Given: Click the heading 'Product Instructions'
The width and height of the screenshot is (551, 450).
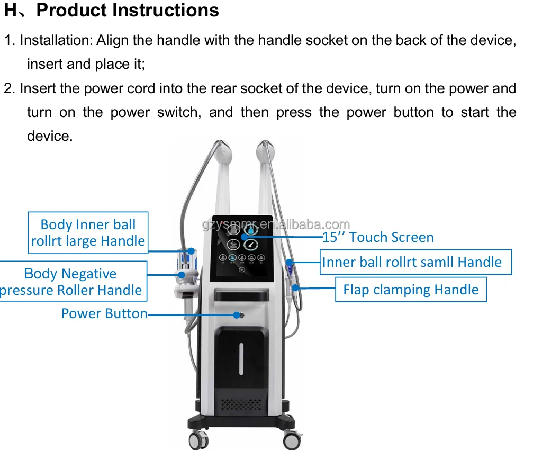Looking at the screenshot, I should pos(127,11).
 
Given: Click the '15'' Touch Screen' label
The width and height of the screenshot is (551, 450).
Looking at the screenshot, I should pos(378,237).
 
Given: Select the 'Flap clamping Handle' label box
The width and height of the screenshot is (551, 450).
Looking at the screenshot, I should pos(411,290).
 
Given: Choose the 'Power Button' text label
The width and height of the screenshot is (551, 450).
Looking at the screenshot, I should pos(104,313).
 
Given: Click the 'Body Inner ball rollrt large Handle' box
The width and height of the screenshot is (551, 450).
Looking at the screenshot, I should pos(88,233).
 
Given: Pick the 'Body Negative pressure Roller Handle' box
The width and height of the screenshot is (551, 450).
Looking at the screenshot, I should pos(71,282).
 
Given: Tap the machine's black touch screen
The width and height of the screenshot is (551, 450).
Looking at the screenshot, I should pos(241,249).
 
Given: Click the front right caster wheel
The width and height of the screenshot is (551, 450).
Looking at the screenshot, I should pos(292,440).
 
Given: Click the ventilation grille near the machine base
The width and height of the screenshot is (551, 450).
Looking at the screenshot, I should pos(240,405).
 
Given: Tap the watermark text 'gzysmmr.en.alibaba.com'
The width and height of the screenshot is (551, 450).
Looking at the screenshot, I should pos(276,225).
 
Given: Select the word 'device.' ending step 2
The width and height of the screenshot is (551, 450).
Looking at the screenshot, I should pos(49,136).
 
